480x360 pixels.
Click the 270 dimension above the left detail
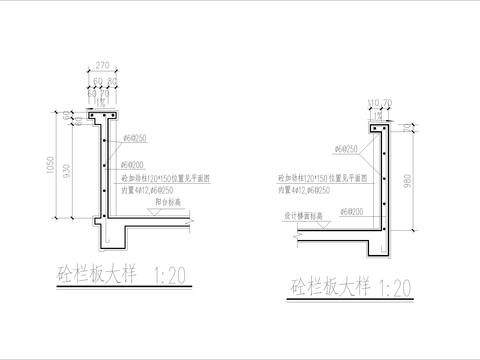point(102,65)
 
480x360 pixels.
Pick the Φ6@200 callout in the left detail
point(134,163)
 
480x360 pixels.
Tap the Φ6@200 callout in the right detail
point(352,212)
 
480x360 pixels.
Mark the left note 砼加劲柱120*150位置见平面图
point(171,180)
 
